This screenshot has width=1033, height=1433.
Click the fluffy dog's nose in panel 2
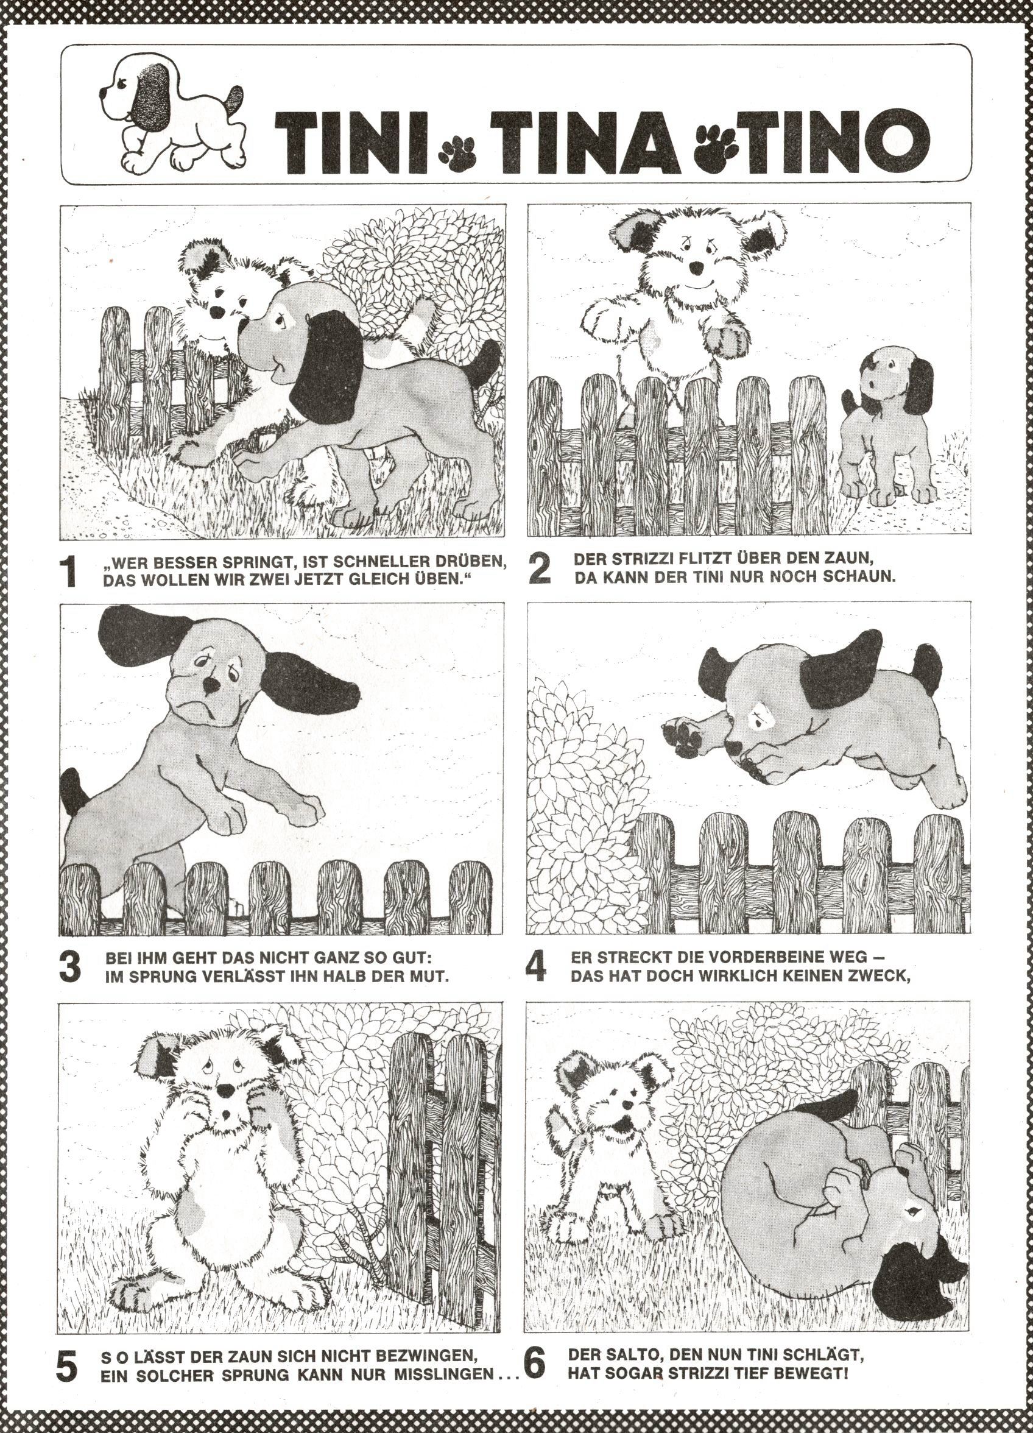tap(696, 267)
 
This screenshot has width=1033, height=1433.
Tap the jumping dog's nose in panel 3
tap(213, 685)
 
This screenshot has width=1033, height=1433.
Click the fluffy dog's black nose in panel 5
tap(225, 1089)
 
